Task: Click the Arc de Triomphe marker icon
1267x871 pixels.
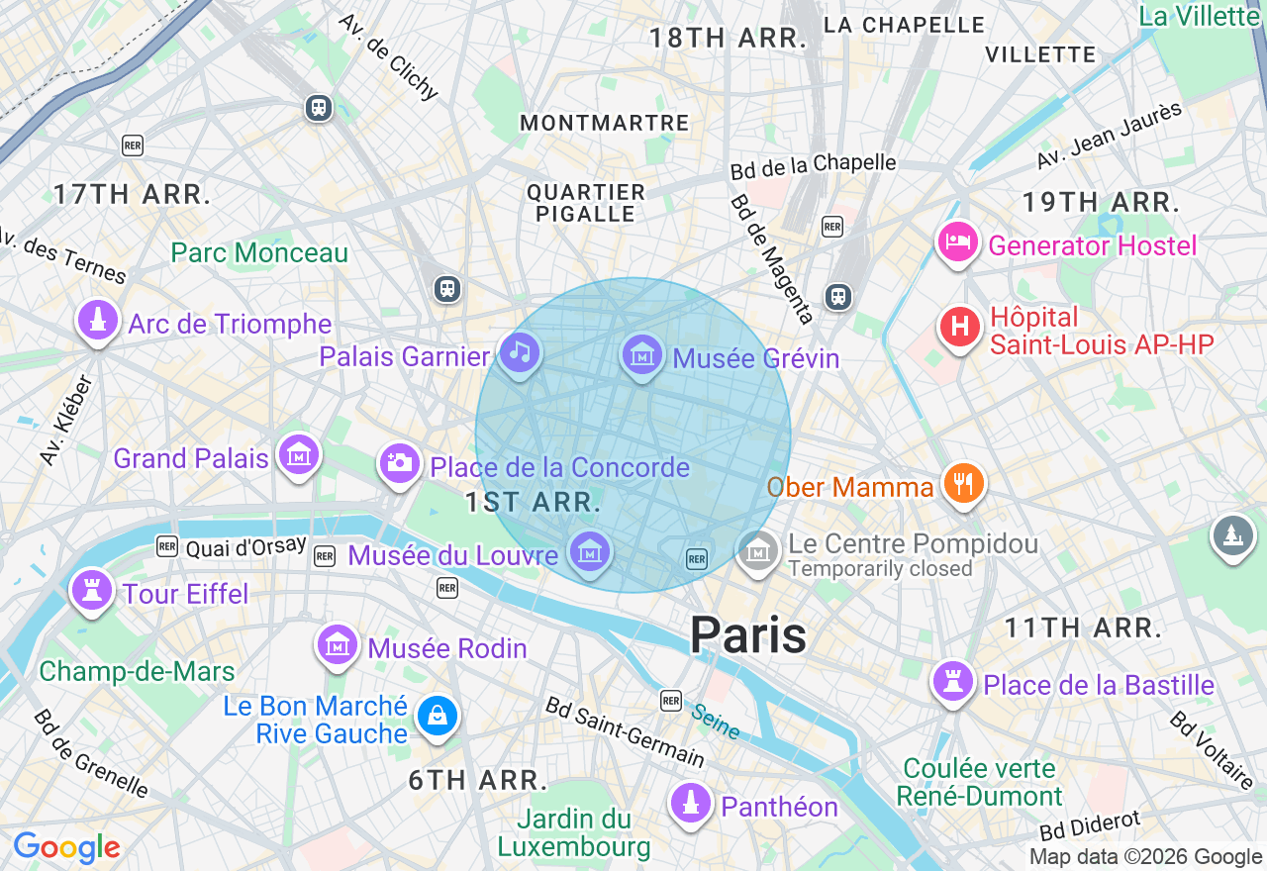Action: (x=97, y=322)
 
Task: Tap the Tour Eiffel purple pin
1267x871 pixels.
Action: (x=91, y=591)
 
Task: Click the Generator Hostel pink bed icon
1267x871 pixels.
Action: (x=958, y=242)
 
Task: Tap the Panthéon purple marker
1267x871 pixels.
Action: (x=690, y=803)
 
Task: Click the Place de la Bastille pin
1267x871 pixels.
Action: (x=953, y=682)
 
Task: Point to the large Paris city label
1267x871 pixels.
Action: (x=748, y=634)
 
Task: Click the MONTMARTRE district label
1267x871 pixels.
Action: (x=604, y=123)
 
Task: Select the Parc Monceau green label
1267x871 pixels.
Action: (x=259, y=252)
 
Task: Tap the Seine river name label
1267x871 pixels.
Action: (x=715, y=722)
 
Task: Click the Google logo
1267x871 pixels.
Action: (x=66, y=847)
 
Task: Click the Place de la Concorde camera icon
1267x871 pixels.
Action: (x=399, y=463)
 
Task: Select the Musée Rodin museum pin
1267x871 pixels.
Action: (x=337, y=645)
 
